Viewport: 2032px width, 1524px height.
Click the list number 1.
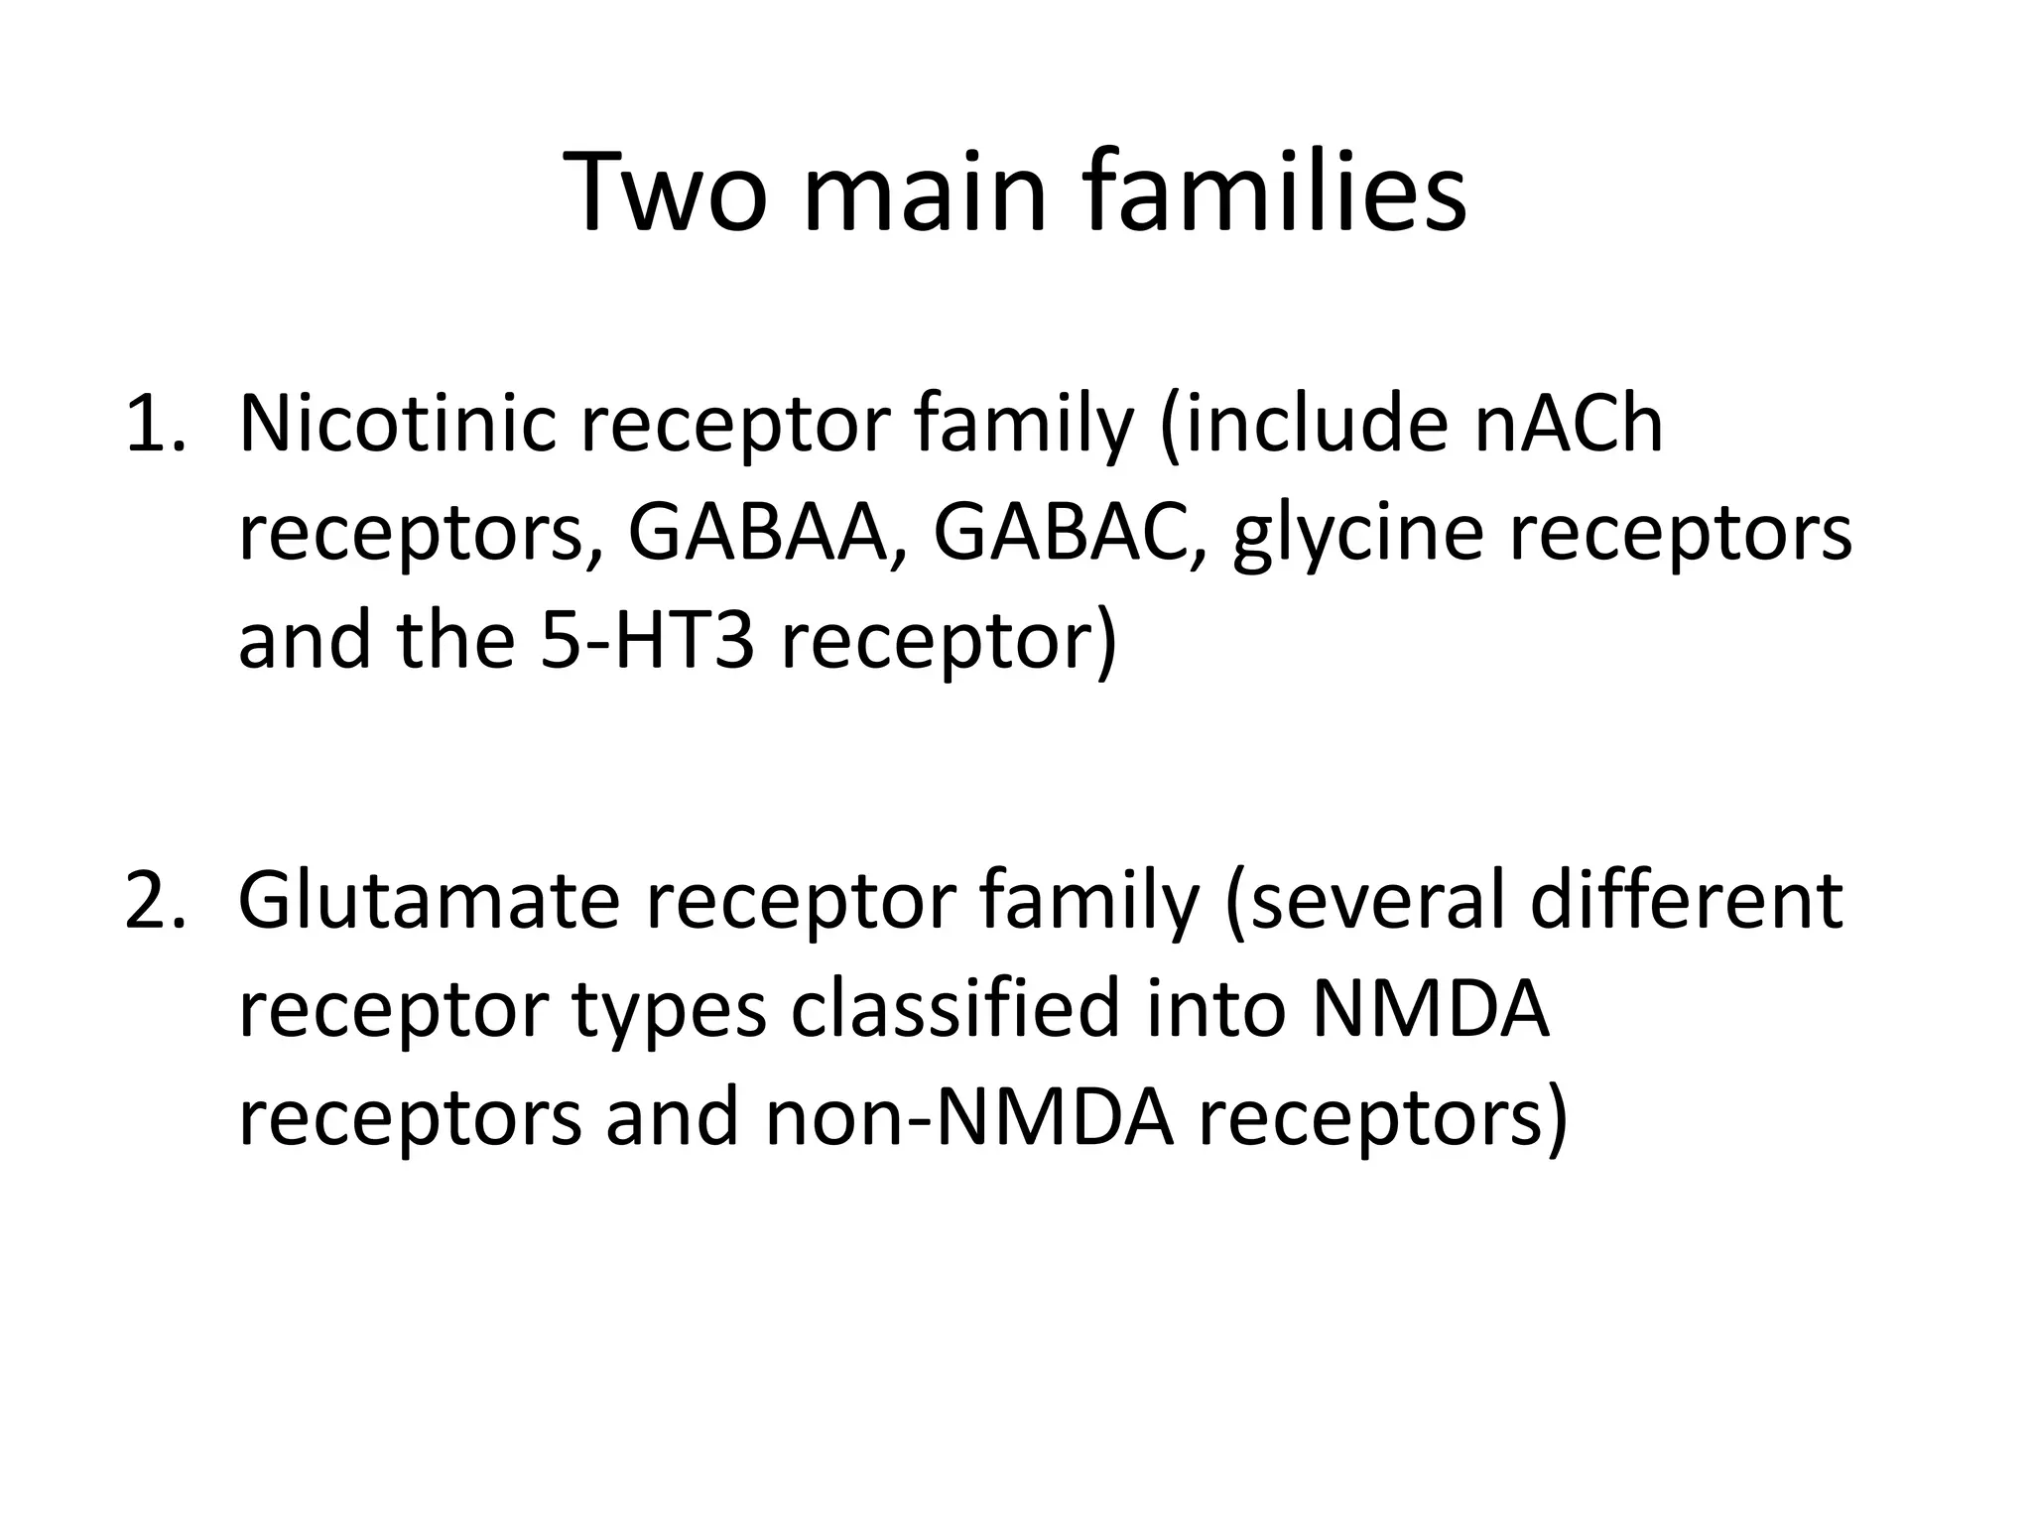point(154,425)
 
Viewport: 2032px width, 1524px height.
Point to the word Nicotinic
point(397,425)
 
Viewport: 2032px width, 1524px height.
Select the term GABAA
point(756,533)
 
